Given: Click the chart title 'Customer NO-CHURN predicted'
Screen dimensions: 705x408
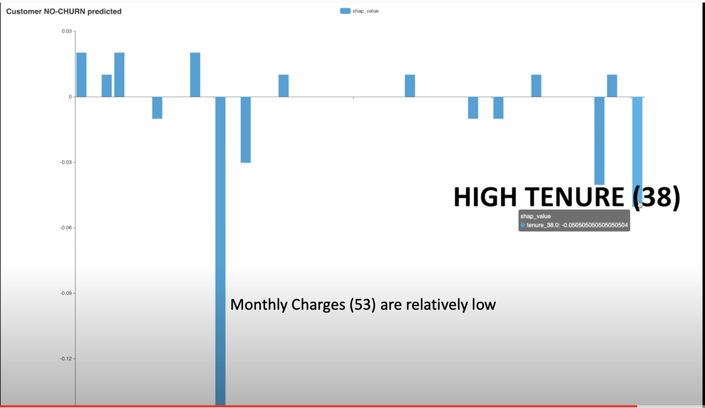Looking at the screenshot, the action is coord(64,12).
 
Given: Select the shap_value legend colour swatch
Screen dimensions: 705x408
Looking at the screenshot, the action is coord(345,11).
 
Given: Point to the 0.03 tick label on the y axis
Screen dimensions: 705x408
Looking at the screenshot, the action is coord(67,31).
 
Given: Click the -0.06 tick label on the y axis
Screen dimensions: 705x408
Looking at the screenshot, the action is coord(66,228).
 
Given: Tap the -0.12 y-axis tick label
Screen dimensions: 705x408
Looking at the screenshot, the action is coord(66,358).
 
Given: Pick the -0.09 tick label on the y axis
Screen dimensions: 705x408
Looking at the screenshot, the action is coord(66,293).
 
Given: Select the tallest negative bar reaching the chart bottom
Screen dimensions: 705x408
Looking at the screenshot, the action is coord(220,251).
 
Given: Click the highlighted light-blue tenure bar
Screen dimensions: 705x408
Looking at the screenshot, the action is coord(637,152).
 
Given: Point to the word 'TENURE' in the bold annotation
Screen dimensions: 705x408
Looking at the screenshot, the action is coord(575,197).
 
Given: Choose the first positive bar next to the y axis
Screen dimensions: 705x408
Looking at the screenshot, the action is coord(82,75).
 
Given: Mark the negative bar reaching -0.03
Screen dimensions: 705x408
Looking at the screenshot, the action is coord(246,130).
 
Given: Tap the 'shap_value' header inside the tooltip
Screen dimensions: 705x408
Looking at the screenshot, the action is coord(535,217).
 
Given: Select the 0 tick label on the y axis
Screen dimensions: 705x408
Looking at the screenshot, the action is coord(70,97).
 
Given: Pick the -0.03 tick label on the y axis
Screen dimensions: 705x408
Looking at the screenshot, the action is coord(66,162).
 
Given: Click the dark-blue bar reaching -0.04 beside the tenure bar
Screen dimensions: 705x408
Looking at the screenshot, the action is coord(599,140).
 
